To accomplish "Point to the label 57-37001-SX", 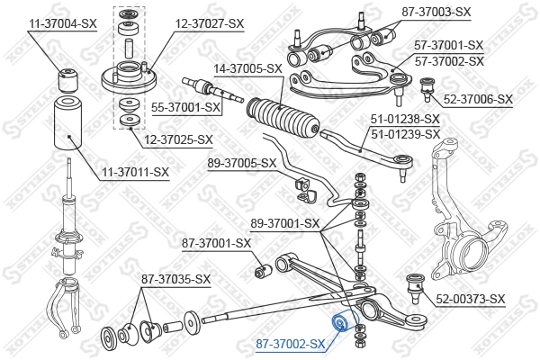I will [x=448, y=45].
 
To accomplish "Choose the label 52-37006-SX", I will [x=477, y=99].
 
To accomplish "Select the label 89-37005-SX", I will [x=241, y=163].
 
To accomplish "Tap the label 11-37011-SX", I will [x=135, y=171].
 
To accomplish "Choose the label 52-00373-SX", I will [x=471, y=299].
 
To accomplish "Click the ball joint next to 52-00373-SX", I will [x=417, y=285].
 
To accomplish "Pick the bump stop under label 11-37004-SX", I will [x=66, y=78].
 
